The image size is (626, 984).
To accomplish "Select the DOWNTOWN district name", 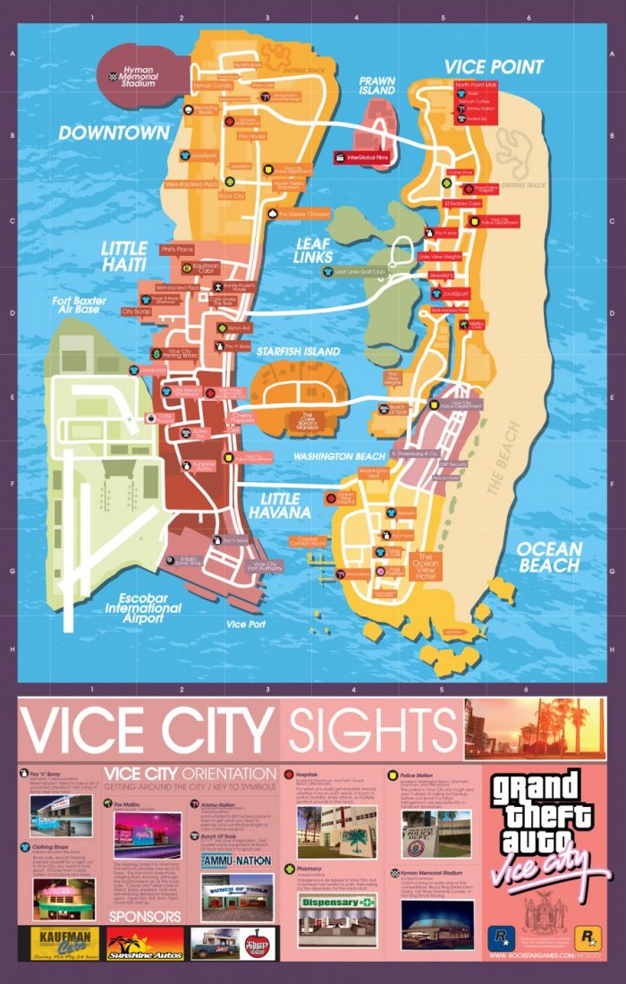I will (114, 133).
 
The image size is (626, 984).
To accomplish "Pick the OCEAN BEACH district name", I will (548, 556).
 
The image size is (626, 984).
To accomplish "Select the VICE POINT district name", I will (494, 67).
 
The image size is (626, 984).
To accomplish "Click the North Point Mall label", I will (474, 86).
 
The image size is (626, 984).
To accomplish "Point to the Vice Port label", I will (247, 623).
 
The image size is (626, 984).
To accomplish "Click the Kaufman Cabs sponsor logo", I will (60, 942).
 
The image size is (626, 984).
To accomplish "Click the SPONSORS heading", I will (144, 917).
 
